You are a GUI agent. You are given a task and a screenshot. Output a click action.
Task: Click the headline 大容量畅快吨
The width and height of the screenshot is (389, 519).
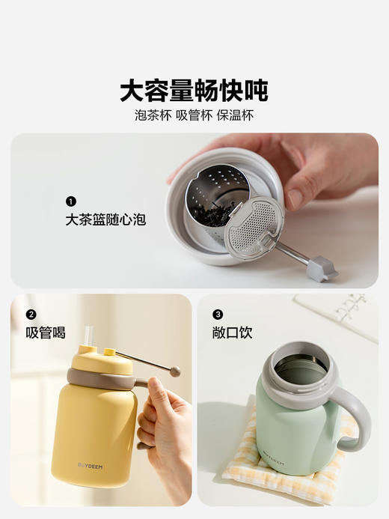tap(194, 91)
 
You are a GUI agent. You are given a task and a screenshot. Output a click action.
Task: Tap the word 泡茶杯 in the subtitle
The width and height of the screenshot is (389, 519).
tap(153, 115)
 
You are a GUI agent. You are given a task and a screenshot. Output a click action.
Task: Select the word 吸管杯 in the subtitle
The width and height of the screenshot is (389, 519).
tap(194, 115)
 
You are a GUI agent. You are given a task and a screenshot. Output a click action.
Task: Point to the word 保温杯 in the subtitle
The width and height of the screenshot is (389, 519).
tap(235, 115)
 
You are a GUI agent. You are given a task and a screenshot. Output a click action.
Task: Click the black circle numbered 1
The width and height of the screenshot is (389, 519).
tap(71, 201)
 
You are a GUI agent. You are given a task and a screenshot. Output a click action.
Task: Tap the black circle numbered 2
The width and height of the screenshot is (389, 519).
tap(31, 315)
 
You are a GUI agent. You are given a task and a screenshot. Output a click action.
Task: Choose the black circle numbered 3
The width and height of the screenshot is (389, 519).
tap(218, 315)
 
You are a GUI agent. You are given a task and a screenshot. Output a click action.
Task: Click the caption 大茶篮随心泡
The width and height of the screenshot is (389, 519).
tap(105, 219)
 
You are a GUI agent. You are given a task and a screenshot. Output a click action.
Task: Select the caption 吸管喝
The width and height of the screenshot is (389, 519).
tap(46, 333)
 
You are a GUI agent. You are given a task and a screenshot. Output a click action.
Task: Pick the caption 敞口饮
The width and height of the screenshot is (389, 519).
tap(232, 333)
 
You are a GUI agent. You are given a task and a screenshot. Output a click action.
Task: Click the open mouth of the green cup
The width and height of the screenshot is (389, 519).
tap(299, 368)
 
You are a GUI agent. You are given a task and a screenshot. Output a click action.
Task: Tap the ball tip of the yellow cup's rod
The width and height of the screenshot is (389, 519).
tap(175, 371)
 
